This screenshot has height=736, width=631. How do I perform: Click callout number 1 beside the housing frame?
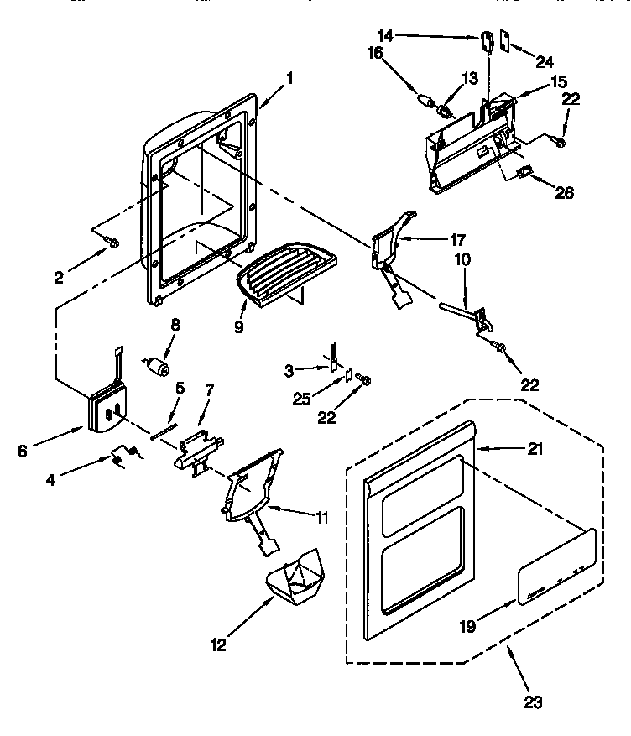[289, 80]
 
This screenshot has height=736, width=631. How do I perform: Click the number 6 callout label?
[23, 451]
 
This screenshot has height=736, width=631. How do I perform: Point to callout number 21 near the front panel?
[535, 449]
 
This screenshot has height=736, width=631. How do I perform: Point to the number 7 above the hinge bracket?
[210, 389]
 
